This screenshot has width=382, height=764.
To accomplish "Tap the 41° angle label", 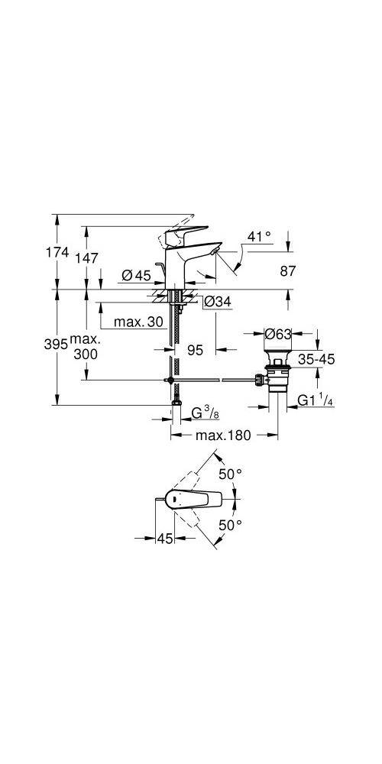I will pos(259,238).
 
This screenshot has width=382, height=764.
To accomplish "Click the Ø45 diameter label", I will pos(138,275).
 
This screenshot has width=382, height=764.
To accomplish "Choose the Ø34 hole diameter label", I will pos(217,303).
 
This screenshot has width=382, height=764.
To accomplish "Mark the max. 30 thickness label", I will pos(138,322).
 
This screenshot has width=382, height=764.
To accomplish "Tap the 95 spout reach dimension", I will pos(195,349).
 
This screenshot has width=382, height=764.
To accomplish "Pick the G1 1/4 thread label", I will pos(313,400).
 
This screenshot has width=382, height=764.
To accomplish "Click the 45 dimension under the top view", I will pos(164,539).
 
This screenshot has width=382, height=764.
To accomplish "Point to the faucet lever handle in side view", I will pos(187,231).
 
